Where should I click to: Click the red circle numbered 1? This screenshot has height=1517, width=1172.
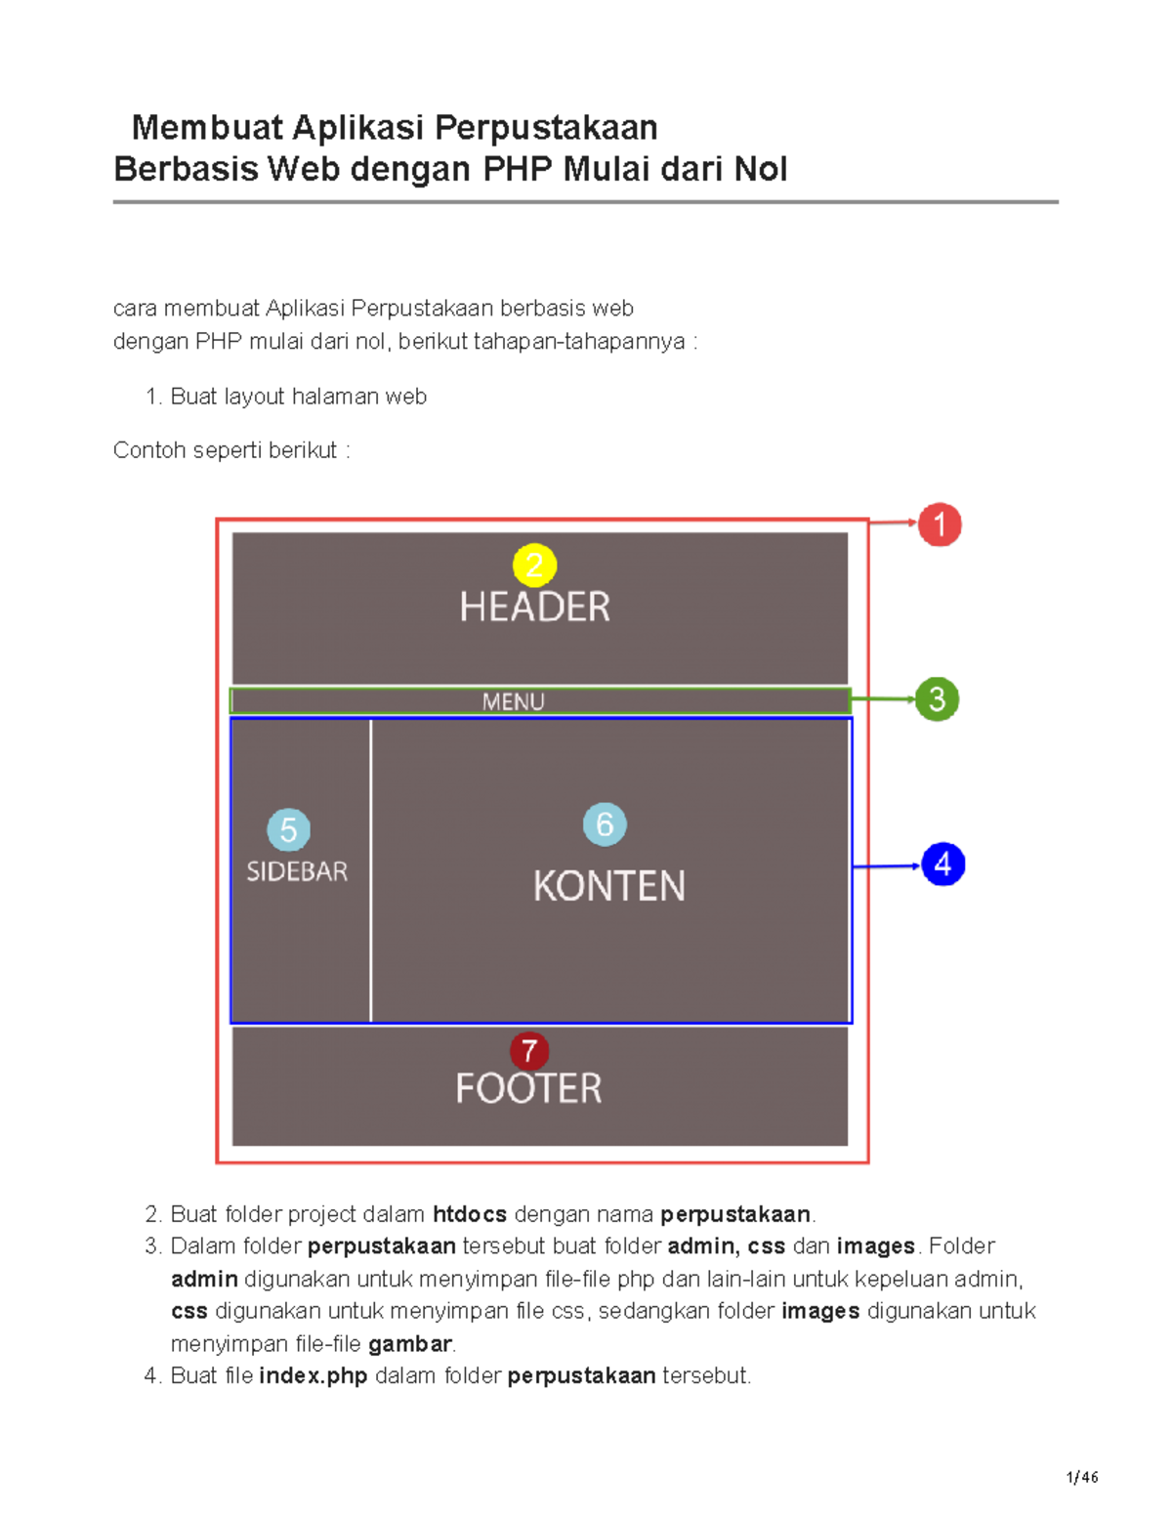coord(939,525)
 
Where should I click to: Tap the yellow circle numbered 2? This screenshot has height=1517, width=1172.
coord(534,565)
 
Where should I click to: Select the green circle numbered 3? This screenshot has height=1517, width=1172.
coord(937,698)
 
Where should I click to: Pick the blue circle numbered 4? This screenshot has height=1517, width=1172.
coord(943,864)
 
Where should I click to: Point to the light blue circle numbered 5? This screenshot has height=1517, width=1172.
coord(288,830)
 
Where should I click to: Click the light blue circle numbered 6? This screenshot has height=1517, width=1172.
coord(605,824)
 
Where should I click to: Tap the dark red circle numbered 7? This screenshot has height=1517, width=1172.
coord(529,1051)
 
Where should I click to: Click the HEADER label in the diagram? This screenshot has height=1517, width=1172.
coord(534,607)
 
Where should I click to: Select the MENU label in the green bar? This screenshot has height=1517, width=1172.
coord(513,701)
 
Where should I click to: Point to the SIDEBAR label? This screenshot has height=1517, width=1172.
coord(297,871)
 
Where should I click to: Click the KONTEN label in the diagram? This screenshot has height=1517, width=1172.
coord(608,886)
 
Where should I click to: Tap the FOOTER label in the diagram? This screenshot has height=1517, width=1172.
coord(528,1088)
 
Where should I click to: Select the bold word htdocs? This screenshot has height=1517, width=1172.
coord(470,1214)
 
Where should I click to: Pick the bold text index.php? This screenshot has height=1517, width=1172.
coord(314,1376)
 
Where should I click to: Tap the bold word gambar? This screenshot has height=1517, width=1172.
coord(410,1344)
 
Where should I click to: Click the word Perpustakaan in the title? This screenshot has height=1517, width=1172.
coord(546,128)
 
